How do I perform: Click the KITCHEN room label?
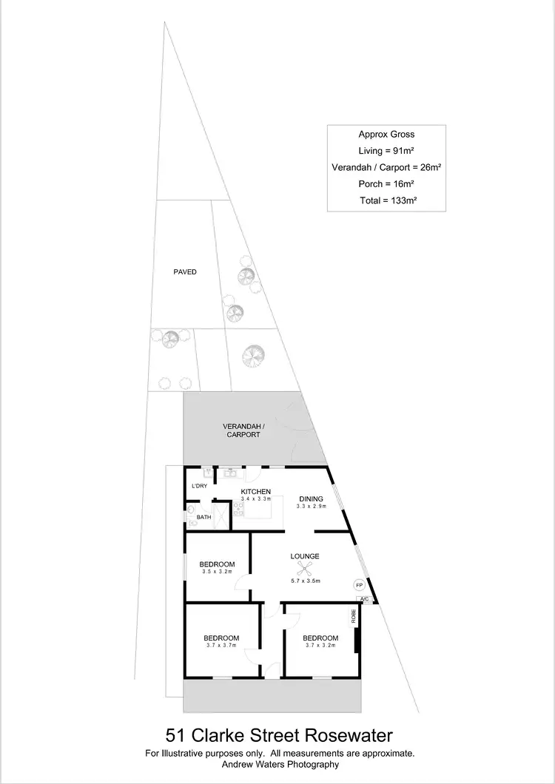click(x=256, y=492)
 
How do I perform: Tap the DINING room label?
click(x=311, y=498)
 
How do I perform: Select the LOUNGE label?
click(x=305, y=556)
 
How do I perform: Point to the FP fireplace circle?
click(x=360, y=584)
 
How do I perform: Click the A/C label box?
click(x=364, y=599)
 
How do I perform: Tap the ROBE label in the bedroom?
click(x=354, y=617)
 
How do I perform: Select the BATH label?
click(x=203, y=517)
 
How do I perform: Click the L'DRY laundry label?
click(x=199, y=486)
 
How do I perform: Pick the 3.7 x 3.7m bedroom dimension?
click(x=221, y=646)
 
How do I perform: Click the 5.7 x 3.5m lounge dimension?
click(x=304, y=582)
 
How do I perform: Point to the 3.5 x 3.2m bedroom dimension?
click(x=218, y=571)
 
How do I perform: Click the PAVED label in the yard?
click(x=185, y=272)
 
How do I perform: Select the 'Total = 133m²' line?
click(x=386, y=200)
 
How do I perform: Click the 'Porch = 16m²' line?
click(x=386, y=183)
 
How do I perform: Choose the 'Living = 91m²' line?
click(x=386, y=151)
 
